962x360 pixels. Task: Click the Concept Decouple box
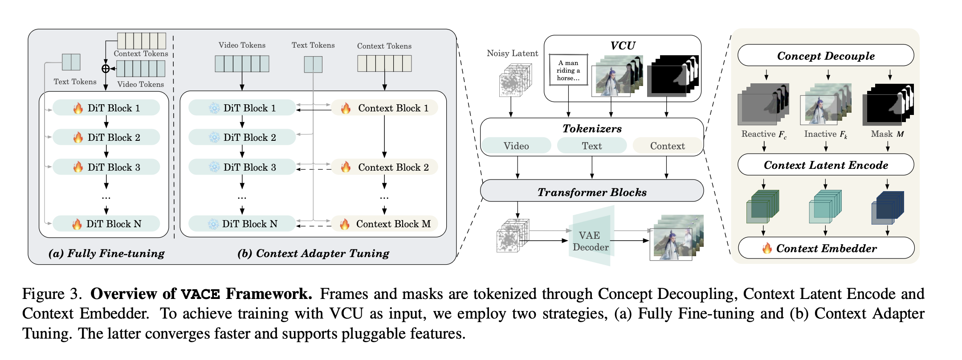tap(825, 56)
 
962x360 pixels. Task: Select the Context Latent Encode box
tap(825, 165)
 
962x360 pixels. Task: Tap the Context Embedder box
tap(826, 248)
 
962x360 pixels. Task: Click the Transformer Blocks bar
tap(591, 192)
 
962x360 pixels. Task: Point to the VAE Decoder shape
tap(591, 241)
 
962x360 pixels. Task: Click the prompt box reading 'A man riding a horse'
tap(568, 70)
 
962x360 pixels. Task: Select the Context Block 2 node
tap(385, 167)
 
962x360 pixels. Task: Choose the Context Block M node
tap(385, 224)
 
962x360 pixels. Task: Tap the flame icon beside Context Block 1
tap(346, 108)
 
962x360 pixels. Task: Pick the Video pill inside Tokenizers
tap(516, 146)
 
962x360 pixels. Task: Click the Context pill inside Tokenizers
tap(667, 146)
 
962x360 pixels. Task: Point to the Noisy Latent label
tap(512, 53)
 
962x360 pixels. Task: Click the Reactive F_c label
tap(764, 134)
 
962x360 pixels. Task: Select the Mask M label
tap(887, 134)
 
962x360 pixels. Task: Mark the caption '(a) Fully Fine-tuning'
tap(106, 253)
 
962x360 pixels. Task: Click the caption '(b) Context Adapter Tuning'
tap(313, 253)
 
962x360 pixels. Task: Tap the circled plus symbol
tap(106, 69)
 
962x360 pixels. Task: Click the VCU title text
tap(623, 45)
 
